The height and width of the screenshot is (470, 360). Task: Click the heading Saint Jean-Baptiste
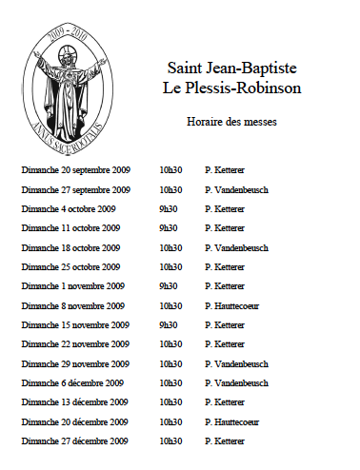[x=231, y=69]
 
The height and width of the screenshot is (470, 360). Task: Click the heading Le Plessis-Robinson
[x=231, y=88]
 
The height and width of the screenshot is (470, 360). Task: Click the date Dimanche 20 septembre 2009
[x=75, y=170]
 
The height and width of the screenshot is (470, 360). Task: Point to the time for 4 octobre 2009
[x=169, y=208]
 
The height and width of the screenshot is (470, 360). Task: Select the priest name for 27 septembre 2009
[x=236, y=189]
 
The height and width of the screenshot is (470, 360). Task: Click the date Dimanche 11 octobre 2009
[x=70, y=228]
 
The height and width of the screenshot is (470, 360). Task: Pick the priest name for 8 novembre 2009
[x=232, y=305]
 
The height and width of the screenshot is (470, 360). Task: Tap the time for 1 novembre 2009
[x=169, y=285]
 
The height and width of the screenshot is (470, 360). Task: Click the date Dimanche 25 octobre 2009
[x=70, y=266]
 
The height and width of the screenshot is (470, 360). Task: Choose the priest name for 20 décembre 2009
[x=232, y=421]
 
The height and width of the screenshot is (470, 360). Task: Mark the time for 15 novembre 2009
[x=169, y=324]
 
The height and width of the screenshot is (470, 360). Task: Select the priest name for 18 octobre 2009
[x=236, y=247]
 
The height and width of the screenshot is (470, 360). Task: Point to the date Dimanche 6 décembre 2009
[x=72, y=382]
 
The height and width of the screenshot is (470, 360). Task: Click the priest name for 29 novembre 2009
[x=236, y=363]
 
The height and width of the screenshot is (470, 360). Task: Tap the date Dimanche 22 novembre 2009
[x=74, y=343]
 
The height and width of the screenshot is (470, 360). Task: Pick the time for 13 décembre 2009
[x=170, y=402]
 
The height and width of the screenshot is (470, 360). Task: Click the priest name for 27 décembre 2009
[x=225, y=441]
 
